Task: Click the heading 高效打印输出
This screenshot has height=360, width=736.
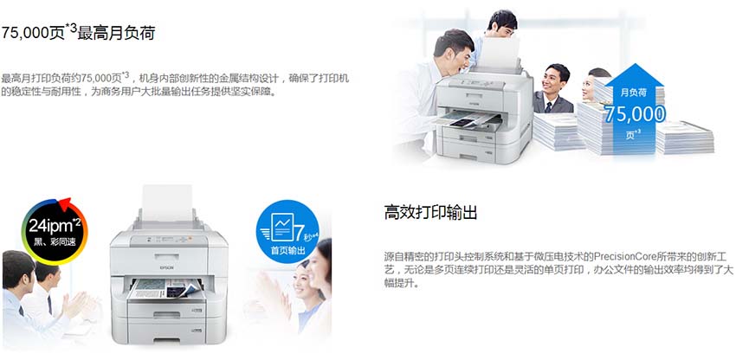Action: pyautogui.click(x=430, y=213)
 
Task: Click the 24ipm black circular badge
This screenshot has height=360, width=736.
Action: pyautogui.click(x=55, y=231)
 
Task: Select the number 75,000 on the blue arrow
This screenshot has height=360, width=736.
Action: pyautogui.click(x=635, y=114)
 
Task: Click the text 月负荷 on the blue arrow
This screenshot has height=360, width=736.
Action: pyautogui.click(x=634, y=93)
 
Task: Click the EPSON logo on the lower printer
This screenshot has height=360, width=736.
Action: pyautogui.click(x=168, y=267)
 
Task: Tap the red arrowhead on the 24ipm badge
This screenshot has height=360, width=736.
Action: pyautogui.click(x=64, y=203)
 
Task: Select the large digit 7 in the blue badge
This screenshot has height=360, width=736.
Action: pyautogui.click(x=299, y=231)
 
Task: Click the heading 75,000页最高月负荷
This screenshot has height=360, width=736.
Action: pyautogui.click(x=78, y=32)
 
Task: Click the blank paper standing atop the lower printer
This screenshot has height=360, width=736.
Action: pyautogui.click(x=167, y=203)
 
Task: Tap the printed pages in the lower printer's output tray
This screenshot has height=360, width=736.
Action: pyautogui.click(x=165, y=288)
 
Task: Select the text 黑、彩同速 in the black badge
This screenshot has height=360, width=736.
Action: pyautogui.click(x=55, y=243)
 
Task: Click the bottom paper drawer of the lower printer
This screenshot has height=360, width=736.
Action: pyautogui.click(x=169, y=330)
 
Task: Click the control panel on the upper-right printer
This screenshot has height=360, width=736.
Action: pyautogui.click(x=475, y=83)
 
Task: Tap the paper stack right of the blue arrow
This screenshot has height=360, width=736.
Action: pyautogui.click(x=685, y=137)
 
